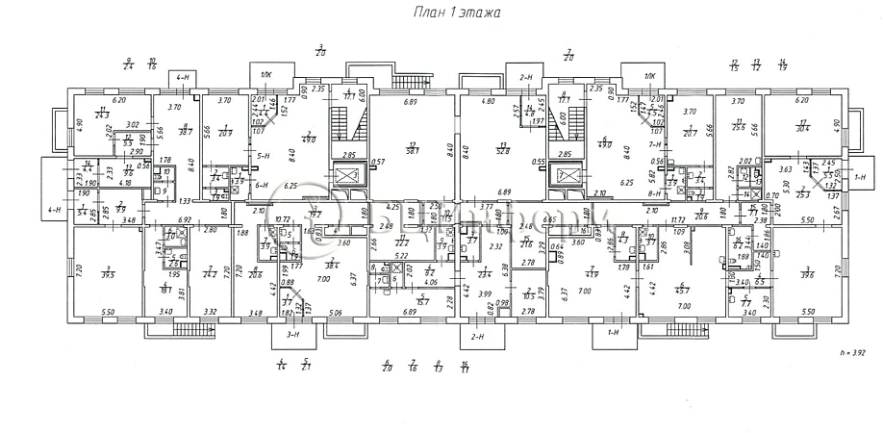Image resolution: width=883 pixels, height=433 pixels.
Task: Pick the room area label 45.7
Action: [684, 289]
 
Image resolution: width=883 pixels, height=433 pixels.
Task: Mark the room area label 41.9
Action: [593, 275]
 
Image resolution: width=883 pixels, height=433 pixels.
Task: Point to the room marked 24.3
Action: [101, 115]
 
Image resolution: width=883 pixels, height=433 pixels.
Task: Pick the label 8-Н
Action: [656, 192]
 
